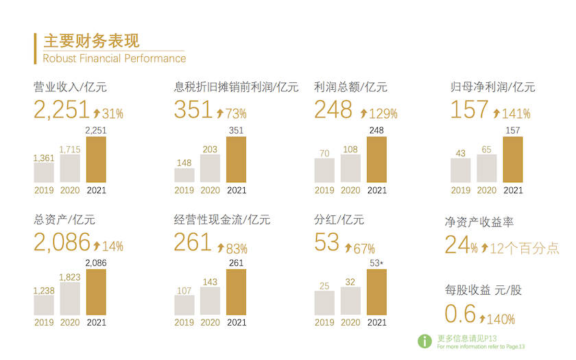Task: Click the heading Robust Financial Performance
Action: tap(114, 58)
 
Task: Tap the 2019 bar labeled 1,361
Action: tap(44, 172)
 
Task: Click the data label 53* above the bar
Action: tap(376, 264)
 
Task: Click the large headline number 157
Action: tap(470, 109)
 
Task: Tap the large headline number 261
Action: tap(193, 241)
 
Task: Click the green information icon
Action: tap(426, 340)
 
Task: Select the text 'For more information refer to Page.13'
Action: tap(481, 347)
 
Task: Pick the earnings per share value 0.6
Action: tap(460, 314)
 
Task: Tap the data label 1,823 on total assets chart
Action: tap(70, 277)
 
